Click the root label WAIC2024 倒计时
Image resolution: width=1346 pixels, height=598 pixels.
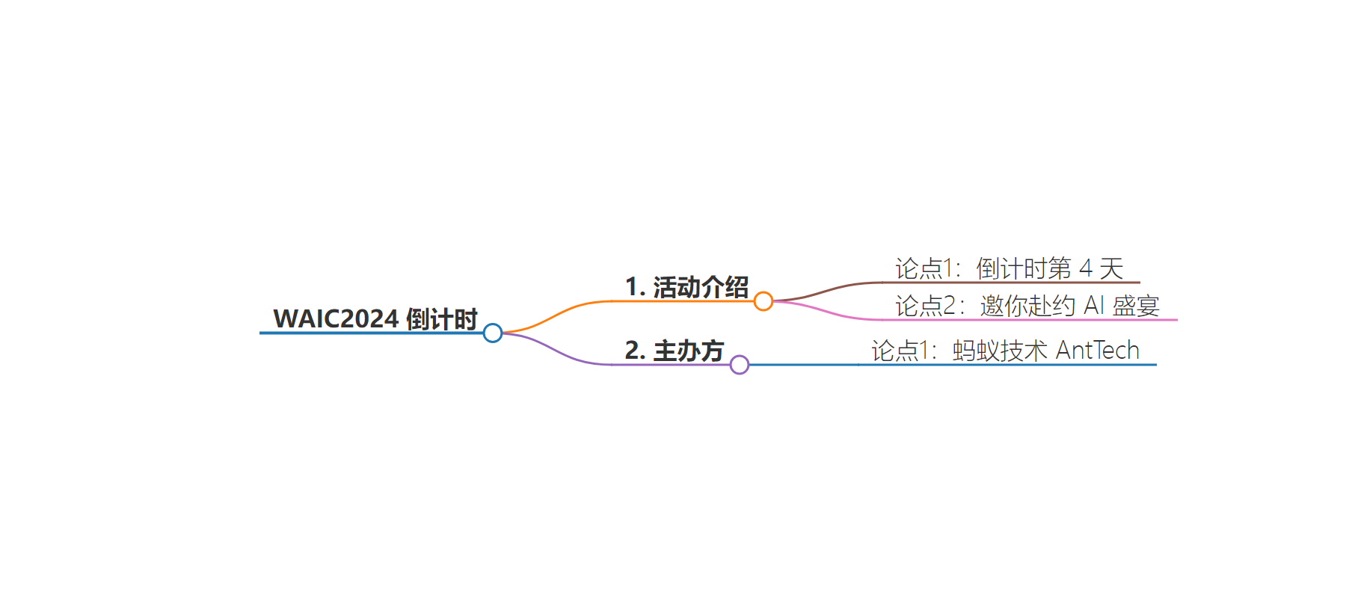375,318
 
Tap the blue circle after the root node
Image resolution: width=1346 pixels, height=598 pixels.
493,333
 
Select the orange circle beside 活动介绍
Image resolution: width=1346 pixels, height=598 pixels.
763,301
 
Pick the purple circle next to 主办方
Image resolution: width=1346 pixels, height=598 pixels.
740,365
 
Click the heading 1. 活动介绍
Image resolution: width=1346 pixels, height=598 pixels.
686,287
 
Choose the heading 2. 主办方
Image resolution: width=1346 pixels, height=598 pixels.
674,351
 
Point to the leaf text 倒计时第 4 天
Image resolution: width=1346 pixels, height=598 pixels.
1050,268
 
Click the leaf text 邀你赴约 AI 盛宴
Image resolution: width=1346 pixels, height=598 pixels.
1070,306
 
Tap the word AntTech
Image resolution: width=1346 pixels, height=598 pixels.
1098,350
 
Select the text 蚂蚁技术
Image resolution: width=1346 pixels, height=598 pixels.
1001,351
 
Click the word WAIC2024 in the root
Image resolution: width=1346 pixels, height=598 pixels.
336,318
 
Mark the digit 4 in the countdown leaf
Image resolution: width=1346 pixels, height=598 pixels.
1086,268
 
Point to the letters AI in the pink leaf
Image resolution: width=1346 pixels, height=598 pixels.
1094,305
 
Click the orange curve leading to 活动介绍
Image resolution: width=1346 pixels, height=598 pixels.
557,315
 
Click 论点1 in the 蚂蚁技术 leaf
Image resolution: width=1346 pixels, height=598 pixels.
900,351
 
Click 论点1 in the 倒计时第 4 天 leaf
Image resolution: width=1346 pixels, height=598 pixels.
924,268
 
